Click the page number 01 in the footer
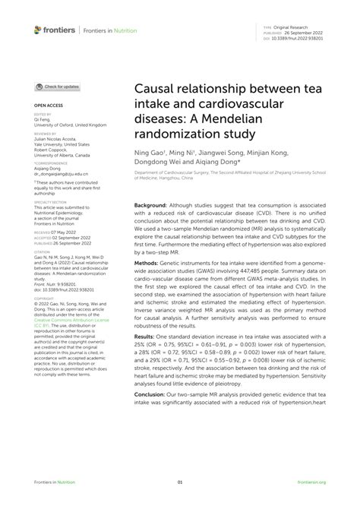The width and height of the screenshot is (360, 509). coord(180,482)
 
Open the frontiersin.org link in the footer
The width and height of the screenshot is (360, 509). coord(311,482)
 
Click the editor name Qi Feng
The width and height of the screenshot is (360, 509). coord(41,120)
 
